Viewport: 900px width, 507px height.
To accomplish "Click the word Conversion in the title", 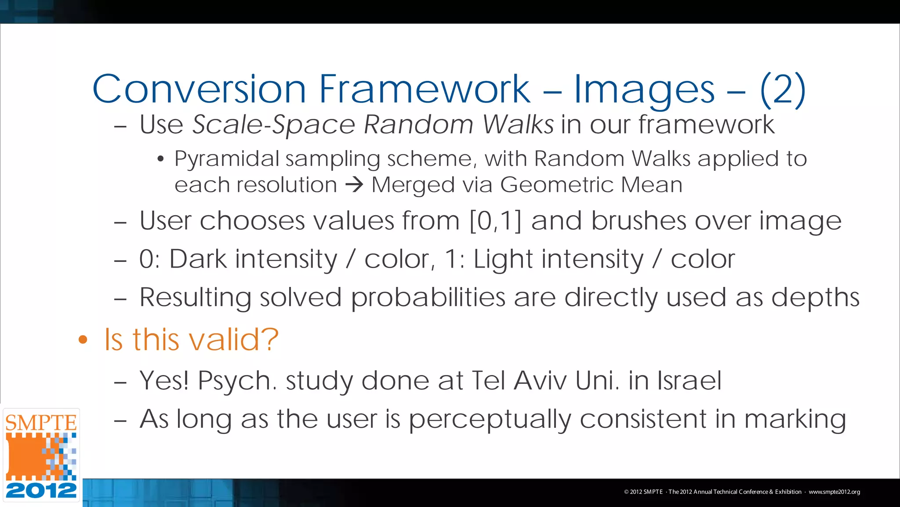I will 199,89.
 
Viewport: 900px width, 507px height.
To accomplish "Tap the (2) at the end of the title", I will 783,89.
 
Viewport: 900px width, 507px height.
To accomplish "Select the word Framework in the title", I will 424,89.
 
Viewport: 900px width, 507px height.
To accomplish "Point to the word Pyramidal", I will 226,159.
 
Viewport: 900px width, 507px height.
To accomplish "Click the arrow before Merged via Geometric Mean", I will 354,185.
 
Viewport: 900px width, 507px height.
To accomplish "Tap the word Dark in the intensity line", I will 198,259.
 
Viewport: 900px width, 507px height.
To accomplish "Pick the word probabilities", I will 428,298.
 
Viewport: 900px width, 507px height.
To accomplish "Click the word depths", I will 815,298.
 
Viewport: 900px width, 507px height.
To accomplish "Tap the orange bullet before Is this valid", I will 83,340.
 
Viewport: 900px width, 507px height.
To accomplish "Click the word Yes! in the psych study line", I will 164,380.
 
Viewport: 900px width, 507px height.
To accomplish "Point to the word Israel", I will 689,380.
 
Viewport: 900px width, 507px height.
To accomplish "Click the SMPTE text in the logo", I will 41,423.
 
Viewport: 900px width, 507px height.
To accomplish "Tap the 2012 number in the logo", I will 41,490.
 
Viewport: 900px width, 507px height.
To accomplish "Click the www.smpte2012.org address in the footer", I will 834,492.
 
